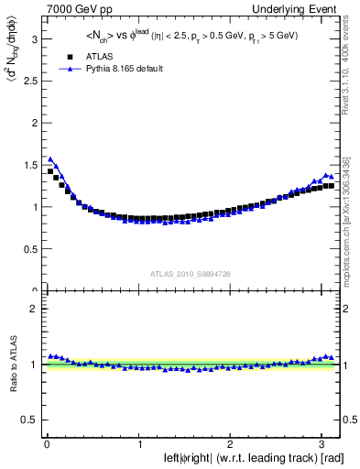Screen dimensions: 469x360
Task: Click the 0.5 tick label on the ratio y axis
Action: point(28,419)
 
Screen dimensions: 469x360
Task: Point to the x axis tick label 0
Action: point(46,444)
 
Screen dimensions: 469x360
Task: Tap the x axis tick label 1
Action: point(138,444)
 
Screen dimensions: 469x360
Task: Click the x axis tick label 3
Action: point(322,444)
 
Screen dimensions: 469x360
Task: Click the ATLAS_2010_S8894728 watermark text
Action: point(191,274)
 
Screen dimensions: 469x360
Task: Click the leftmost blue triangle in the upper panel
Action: point(50,158)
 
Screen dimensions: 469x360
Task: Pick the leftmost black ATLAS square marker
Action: point(50,171)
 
